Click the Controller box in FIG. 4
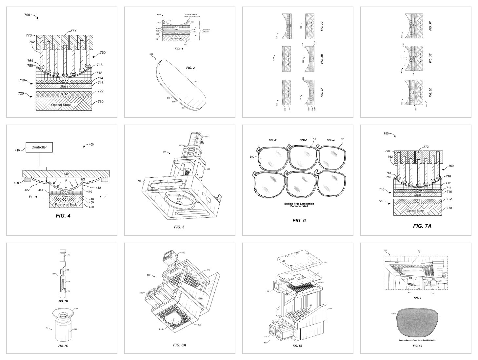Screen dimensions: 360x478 pyautogui.click(x=39, y=148)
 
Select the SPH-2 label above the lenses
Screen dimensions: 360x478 pyautogui.click(x=272, y=140)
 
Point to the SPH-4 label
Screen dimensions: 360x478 pyautogui.click(x=330, y=140)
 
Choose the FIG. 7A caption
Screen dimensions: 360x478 pyautogui.click(x=422, y=226)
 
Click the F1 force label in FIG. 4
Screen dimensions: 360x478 pyautogui.click(x=31, y=197)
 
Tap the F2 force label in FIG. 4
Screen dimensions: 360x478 pyautogui.click(x=105, y=197)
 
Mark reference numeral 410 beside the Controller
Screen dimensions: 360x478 pyautogui.click(x=17, y=150)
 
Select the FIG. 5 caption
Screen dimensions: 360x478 pyautogui.click(x=179, y=227)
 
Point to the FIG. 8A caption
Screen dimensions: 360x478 pyautogui.click(x=179, y=345)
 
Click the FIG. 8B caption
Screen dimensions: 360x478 pyautogui.click(x=297, y=346)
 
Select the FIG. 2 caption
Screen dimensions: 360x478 pyautogui.click(x=190, y=68)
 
